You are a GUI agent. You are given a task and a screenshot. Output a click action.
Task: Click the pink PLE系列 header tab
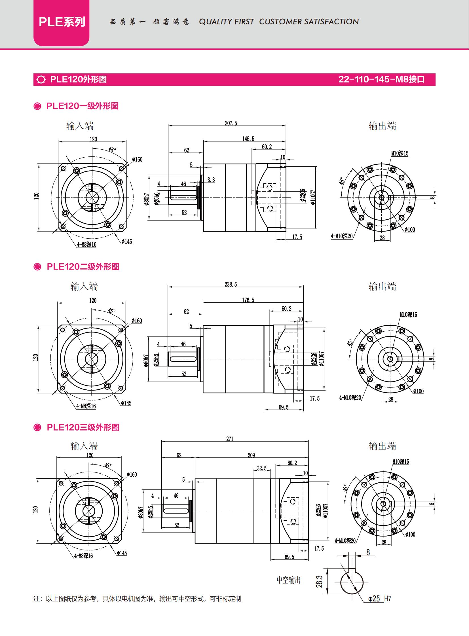(61, 23)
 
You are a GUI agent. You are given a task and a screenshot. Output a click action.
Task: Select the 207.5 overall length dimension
(231, 123)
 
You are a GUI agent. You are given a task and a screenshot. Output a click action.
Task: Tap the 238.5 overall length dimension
(231, 284)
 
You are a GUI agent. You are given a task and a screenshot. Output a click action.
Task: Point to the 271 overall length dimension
(230, 439)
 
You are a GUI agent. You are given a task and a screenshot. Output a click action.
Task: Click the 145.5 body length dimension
(248, 139)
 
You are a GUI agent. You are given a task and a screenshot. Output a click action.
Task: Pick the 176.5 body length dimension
(248, 300)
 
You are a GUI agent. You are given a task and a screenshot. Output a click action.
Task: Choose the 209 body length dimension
(251, 455)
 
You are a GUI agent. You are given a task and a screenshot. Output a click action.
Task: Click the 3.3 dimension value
(211, 180)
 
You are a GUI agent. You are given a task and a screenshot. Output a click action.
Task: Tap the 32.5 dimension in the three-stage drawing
(262, 468)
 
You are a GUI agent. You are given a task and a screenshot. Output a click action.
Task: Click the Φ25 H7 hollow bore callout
(380, 599)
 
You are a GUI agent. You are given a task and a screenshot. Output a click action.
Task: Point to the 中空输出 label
(288, 580)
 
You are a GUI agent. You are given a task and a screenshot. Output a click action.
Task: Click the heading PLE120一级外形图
(82, 106)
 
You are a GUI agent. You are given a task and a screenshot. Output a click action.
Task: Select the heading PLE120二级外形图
(83, 267)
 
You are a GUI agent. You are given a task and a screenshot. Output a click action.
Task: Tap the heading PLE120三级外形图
(83, 427)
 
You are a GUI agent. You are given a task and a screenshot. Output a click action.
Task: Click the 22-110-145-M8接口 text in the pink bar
(381, 79)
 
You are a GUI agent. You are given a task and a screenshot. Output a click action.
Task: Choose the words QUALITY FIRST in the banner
(226, 22)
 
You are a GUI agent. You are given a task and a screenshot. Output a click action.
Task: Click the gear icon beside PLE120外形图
(41, 79)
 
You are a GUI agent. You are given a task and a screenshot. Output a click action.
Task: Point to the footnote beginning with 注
(138, 599)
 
